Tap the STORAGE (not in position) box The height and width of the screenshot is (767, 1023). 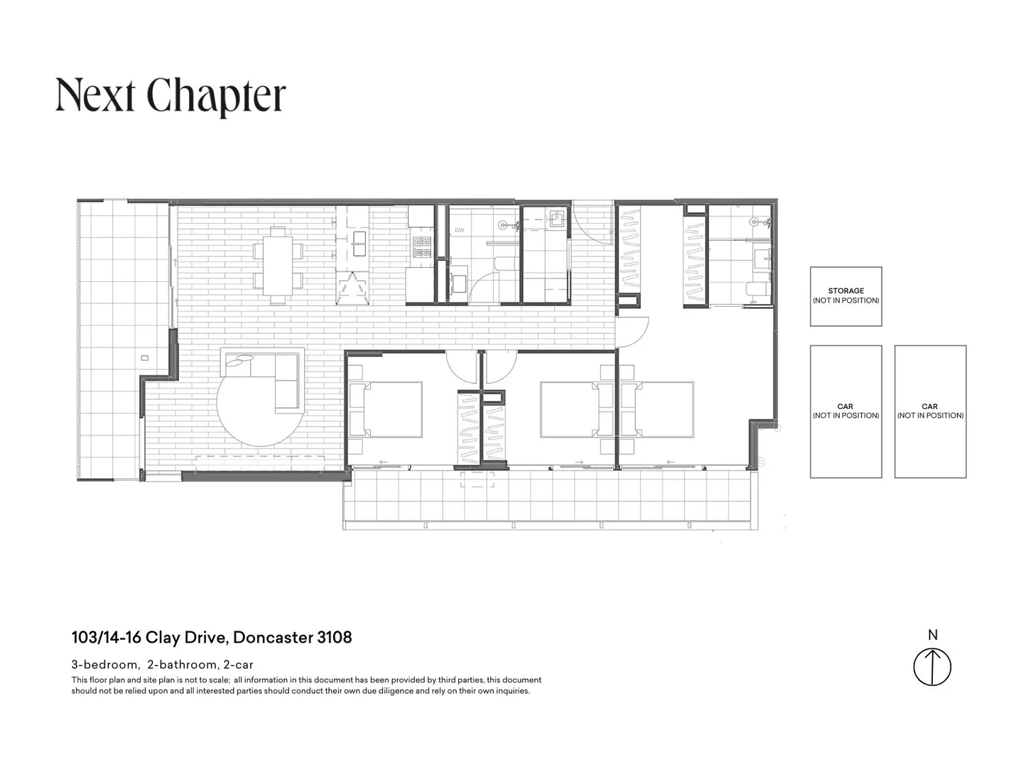845,296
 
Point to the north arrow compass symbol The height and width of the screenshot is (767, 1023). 931,667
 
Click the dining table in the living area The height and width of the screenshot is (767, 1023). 277,261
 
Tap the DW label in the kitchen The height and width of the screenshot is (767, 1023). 459,230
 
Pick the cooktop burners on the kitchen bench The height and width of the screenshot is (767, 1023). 423,246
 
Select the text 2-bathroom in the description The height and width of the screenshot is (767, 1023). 182,665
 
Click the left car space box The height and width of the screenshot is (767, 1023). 845,411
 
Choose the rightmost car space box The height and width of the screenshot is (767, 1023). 930,411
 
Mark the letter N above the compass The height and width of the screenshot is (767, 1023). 932,635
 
